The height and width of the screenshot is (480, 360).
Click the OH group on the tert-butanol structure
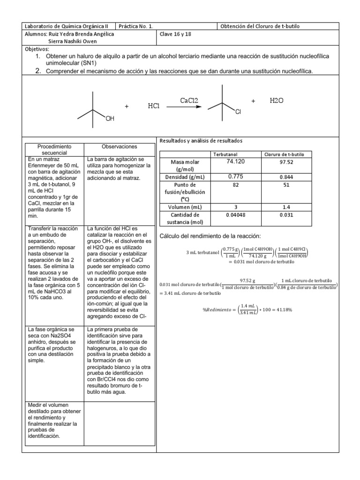110,119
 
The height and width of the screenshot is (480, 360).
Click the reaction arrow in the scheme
184,107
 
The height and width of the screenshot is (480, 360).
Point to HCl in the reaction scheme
154,106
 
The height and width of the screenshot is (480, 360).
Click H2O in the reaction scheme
277,101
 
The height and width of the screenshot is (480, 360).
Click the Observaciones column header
119,146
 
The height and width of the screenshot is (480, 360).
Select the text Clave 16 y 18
176,34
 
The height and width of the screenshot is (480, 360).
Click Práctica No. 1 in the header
136,26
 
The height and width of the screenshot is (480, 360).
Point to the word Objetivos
36,49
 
